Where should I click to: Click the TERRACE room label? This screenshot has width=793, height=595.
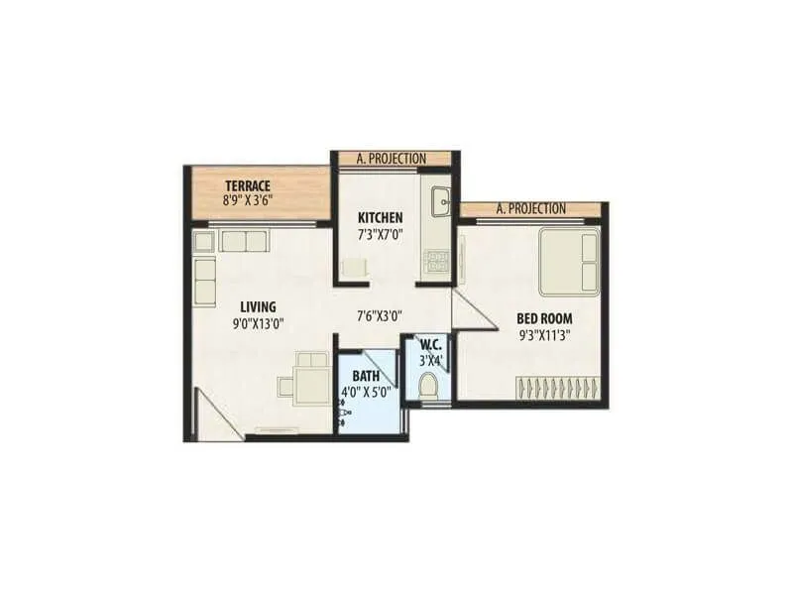pos(248,185)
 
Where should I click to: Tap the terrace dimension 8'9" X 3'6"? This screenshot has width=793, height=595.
pos(248,199)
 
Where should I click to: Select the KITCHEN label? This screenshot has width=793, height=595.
pos(380,218)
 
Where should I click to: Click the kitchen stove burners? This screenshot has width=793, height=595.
pos(437,261)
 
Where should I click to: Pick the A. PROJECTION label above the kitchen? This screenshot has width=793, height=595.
pos(391,159)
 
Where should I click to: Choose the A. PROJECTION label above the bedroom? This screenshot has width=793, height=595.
pos(530,208)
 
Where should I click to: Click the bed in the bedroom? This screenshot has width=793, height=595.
pos(569,261)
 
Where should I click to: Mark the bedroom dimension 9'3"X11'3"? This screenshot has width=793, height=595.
pos(544,334)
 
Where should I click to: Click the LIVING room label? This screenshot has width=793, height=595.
pos(257,307)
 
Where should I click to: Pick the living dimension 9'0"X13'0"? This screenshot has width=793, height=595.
pos(257,322)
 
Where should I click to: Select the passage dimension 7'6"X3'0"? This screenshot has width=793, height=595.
pos(379,317)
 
